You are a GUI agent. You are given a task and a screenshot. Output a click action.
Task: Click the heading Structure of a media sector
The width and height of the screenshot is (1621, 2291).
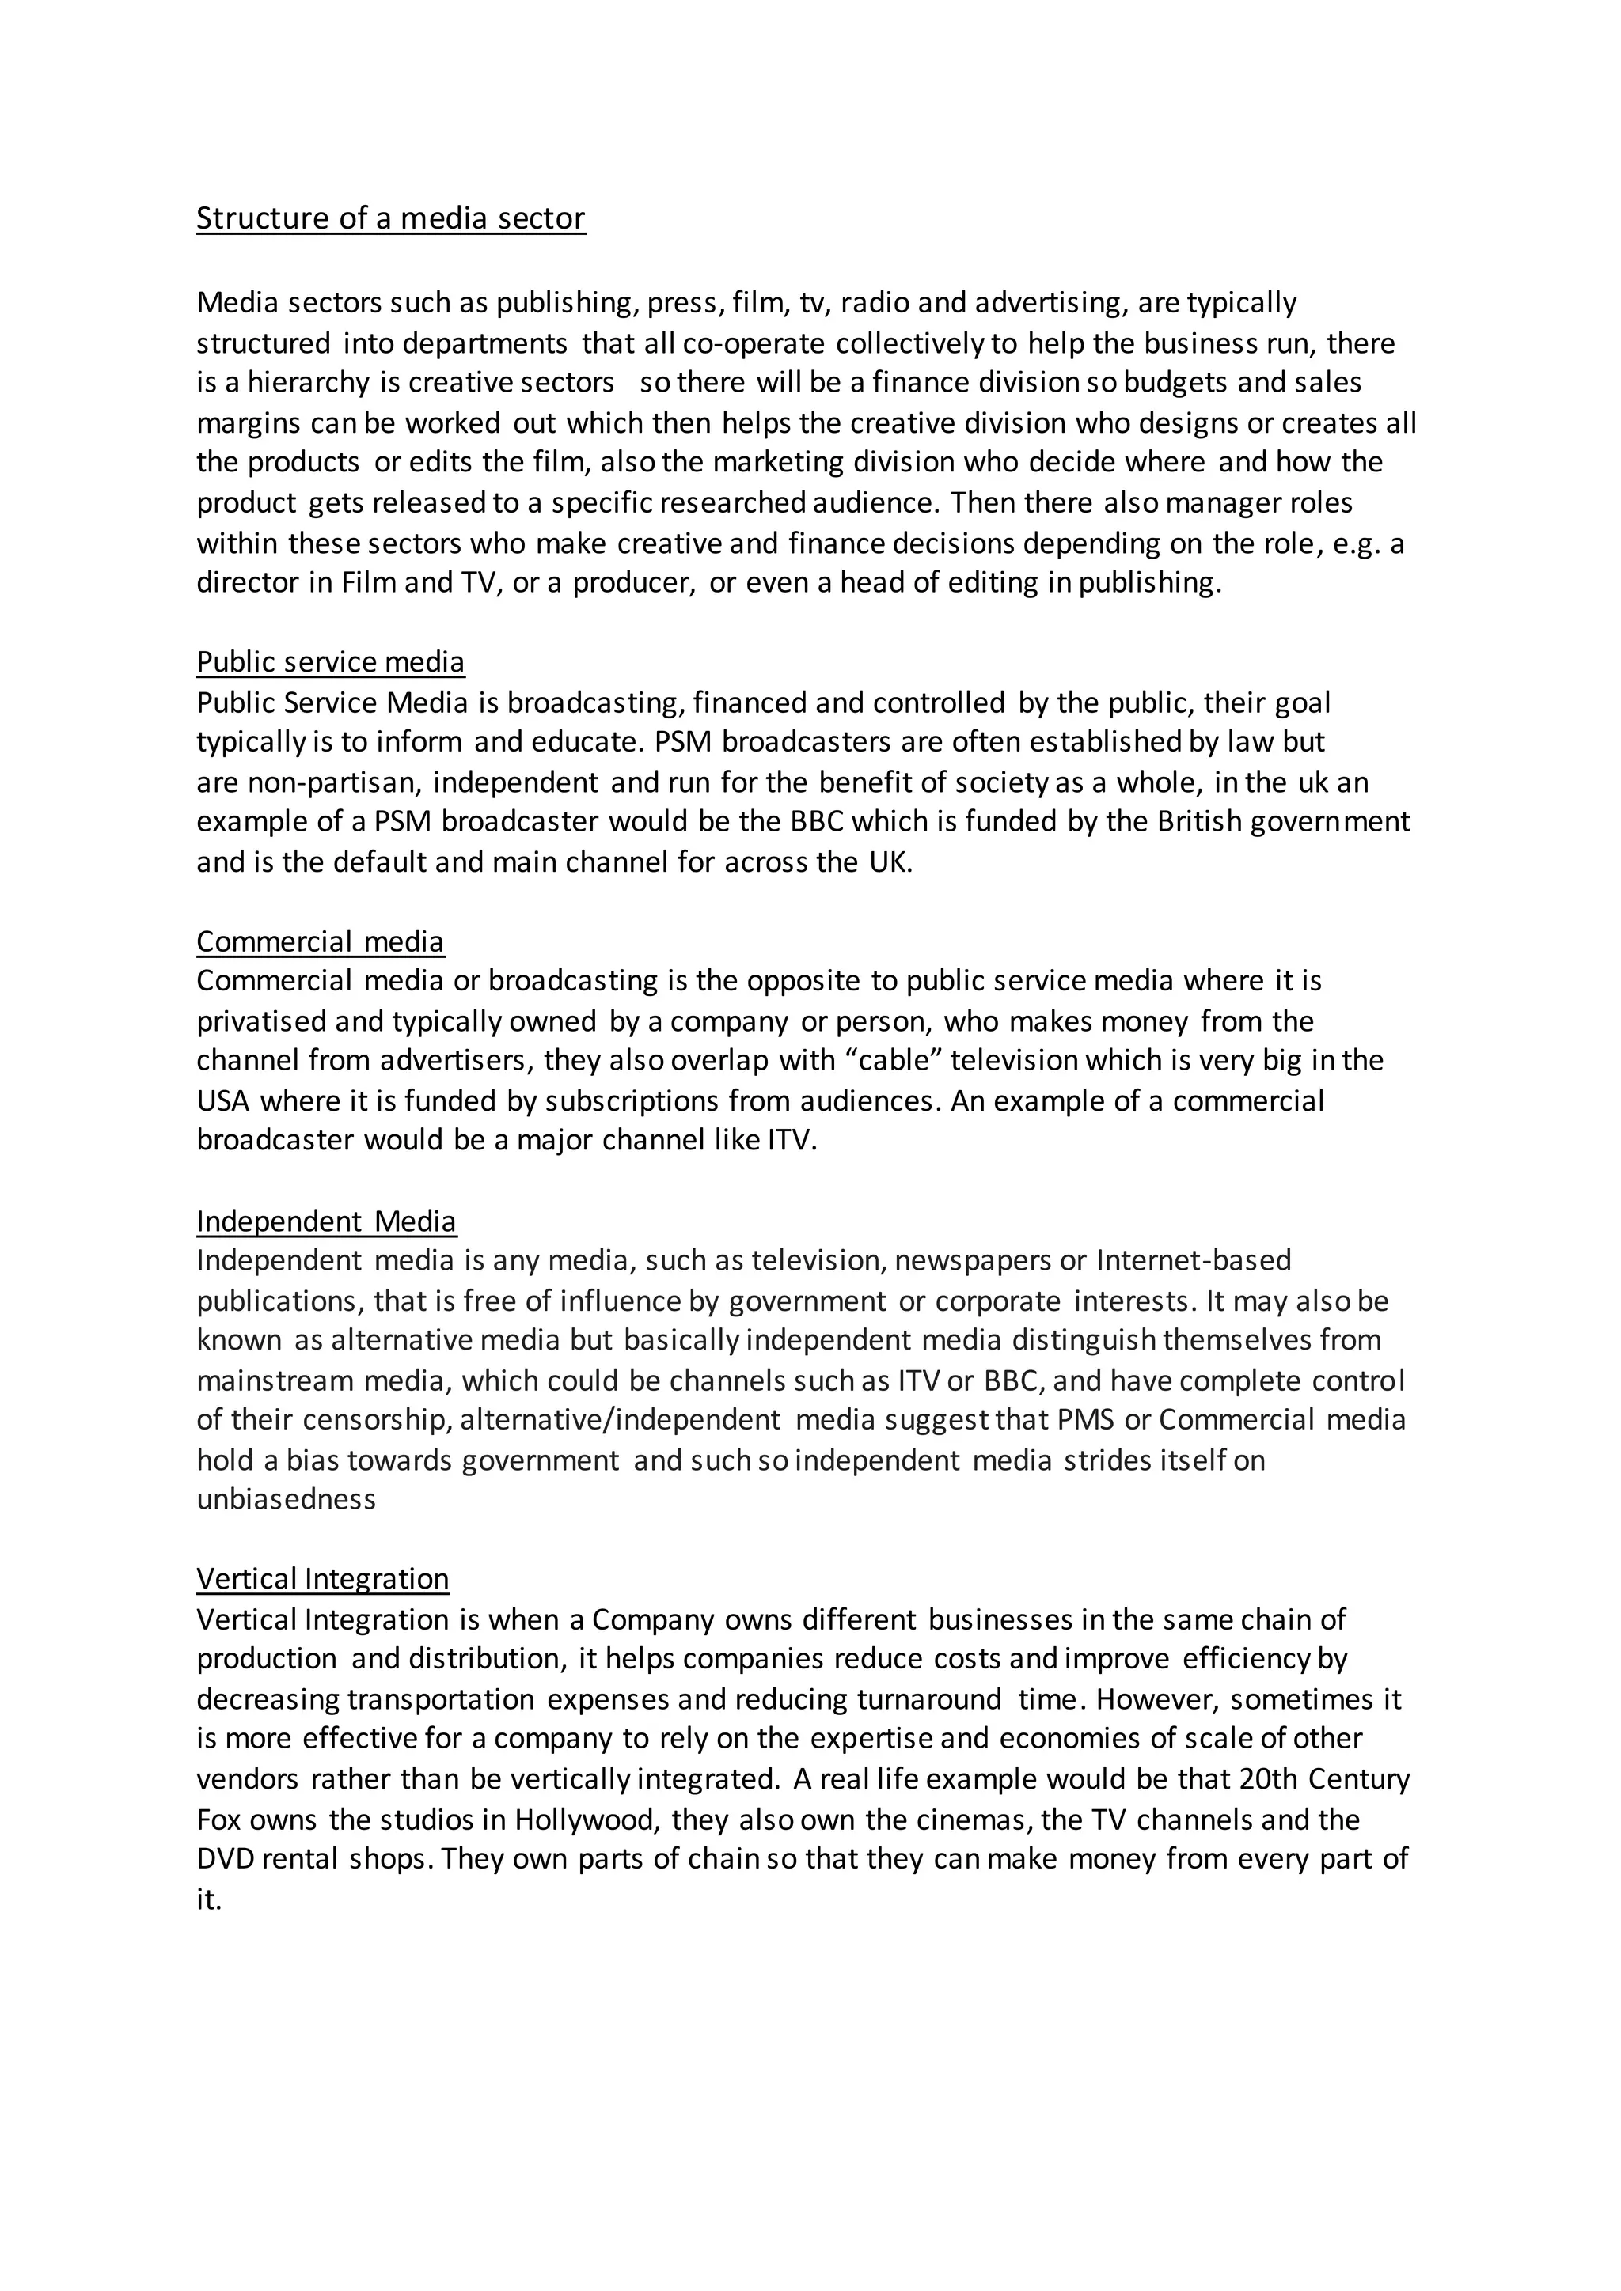tap(390, 218)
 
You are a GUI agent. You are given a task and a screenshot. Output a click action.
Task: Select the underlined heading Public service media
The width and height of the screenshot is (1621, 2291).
tap(330, 663)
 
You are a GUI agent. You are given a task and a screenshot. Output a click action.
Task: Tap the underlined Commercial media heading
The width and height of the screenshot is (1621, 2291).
tap(320, 942)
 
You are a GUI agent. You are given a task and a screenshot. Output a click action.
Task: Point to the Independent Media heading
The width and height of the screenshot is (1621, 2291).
tap(325, 1221)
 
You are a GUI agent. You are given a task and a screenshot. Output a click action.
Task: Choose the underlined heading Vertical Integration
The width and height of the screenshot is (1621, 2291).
tap(322, 1578)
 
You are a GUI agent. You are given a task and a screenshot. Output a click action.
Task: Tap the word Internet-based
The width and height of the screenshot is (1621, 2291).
tap(1194, 1260)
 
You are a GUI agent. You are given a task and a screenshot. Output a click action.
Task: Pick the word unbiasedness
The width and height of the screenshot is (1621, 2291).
tap(287, 1500)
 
